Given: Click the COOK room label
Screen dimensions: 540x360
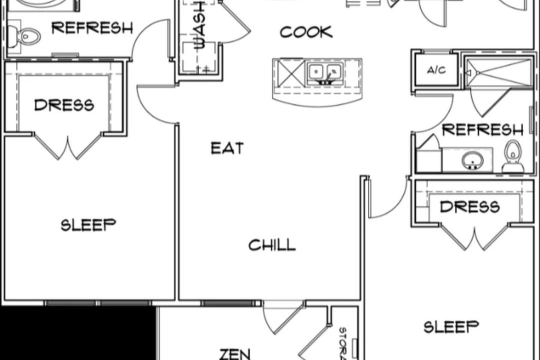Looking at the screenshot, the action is coord(306,32).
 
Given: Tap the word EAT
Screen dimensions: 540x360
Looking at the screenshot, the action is coord(227,148).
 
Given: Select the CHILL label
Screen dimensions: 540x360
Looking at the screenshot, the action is coord(272,245).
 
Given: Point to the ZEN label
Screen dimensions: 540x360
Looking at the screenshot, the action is coord(235,354).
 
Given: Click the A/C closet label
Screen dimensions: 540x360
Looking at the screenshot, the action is coord(436,70).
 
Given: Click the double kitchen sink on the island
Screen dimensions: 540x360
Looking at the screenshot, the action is coord(325,72).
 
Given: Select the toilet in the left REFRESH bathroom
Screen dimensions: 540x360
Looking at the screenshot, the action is coord(23,36).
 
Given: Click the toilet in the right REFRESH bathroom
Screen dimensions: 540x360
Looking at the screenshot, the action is coord(513,156).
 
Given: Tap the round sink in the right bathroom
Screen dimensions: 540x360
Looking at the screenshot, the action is coord(472,160).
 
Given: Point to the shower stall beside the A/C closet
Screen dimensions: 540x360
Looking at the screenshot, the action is coord(498,72).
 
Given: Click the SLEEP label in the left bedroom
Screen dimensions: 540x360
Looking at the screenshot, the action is coord(88,225).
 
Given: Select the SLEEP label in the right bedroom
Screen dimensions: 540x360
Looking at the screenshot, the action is coord(451,327).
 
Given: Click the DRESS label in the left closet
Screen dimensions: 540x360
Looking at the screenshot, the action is coord(64,105).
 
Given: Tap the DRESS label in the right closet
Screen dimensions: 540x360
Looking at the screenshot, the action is coord(469,207).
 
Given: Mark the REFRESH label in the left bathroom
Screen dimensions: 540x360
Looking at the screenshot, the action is coord(92,27).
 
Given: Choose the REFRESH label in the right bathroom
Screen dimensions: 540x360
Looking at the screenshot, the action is coord(482,130).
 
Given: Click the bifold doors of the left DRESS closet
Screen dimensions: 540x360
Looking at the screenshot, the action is coord(67,147).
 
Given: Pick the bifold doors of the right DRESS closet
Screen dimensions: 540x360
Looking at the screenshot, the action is coord(474,237).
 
